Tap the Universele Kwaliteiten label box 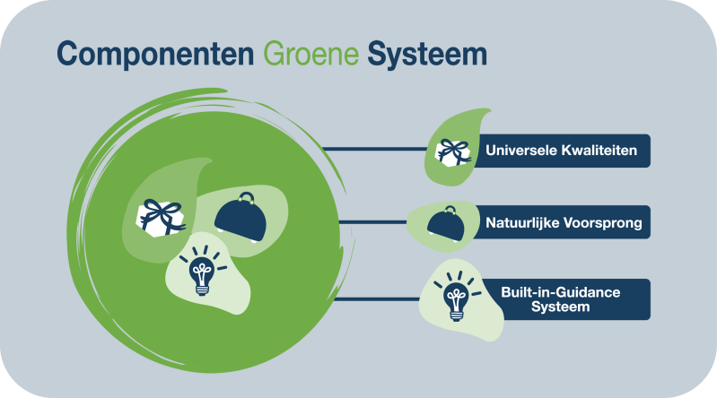(561, 151)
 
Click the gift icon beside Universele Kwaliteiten (453, 151)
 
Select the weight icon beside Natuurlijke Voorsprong (446, 224)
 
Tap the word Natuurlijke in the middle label (520, 222)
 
